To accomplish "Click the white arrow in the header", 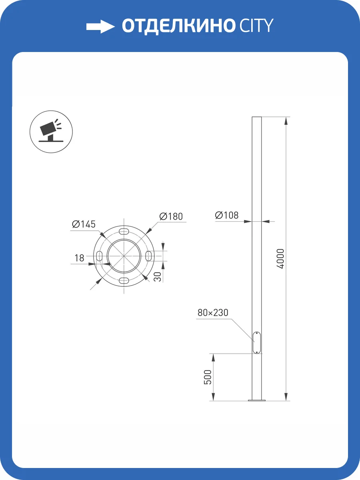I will click(100, 26).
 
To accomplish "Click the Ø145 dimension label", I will click(84, 224).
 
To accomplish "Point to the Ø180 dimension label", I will click(171, 216).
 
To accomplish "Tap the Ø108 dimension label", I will click(227, 215).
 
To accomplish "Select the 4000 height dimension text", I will click(280, 259).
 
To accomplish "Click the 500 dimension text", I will click(207, 377).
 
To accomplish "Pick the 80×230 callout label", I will click(213, 312).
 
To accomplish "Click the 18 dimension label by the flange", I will click(79, 258).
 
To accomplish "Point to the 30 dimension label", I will click(158, 276).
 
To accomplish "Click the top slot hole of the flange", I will click(124, 232).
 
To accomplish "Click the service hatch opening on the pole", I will click(256, 342).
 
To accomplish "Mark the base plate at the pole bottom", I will click(256, 400).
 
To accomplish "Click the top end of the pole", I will click(256, 118).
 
